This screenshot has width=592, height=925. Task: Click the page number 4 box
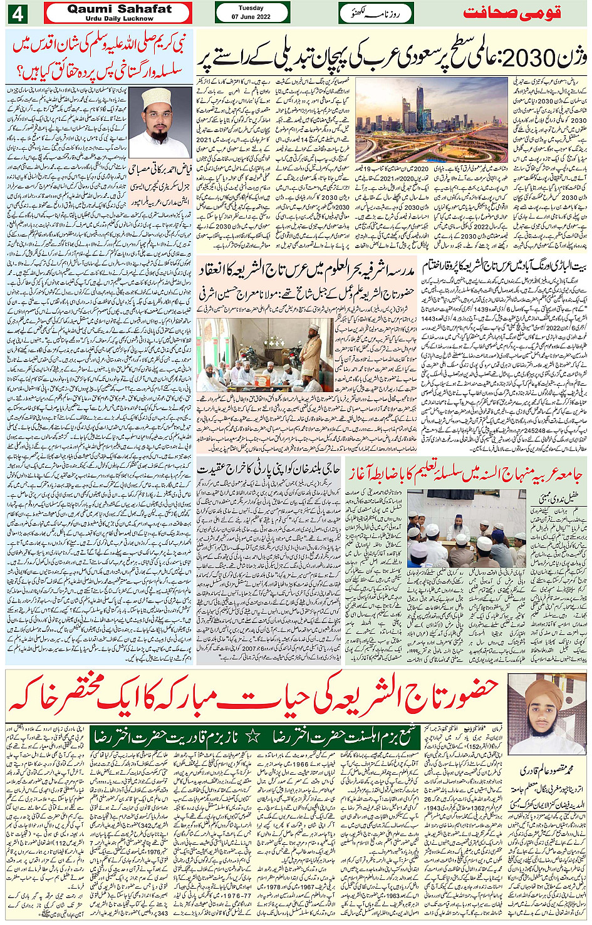17,13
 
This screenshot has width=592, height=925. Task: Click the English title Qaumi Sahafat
119,9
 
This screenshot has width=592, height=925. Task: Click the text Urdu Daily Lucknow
119,19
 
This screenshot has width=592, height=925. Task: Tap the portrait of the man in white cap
160,122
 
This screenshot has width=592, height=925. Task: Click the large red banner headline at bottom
254,696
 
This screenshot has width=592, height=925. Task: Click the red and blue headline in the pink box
100,56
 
